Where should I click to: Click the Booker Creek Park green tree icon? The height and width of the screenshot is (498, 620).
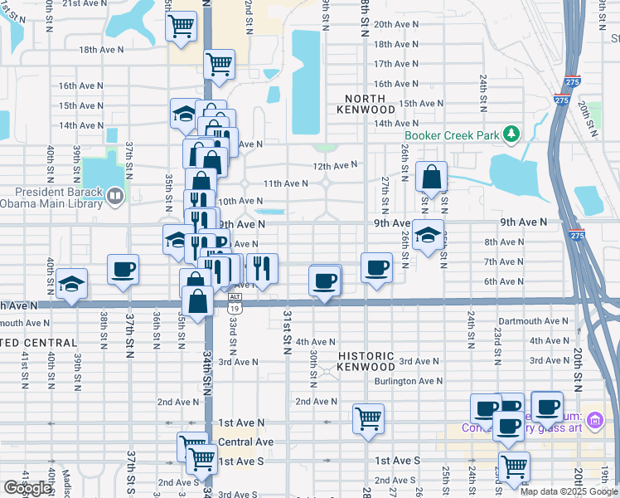512,134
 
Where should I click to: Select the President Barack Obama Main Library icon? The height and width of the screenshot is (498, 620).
114,196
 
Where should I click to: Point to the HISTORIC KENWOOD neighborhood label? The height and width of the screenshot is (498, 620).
366,361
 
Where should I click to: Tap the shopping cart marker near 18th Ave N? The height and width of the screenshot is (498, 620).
219,63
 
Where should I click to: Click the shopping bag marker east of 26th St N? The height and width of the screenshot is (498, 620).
431,176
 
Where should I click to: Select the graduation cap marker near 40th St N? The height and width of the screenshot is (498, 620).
72,284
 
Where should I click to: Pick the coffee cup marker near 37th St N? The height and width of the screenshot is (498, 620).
123,269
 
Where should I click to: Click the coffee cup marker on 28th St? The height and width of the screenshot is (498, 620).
377,267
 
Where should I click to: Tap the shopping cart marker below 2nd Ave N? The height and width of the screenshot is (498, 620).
368,418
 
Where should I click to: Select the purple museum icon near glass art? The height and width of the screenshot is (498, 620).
593,422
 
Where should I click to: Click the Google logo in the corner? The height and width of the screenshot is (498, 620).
27,488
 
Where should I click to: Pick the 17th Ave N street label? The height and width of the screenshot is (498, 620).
394,64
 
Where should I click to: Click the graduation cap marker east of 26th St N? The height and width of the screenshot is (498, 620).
428,234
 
